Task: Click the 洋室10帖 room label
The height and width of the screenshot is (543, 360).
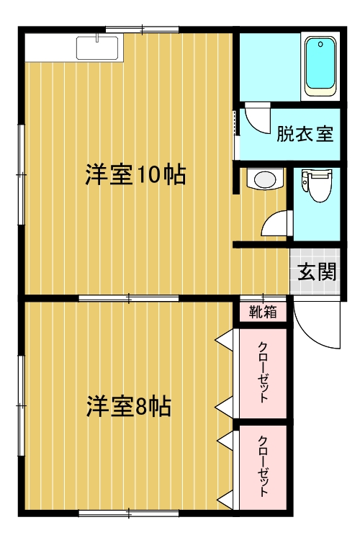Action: pyautogui.click(x=135, y=174)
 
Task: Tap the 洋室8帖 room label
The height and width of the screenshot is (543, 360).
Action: pyautogui.click(x=128, y=407)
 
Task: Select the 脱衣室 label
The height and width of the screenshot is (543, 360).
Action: pyautogui.click(x=305, y=134)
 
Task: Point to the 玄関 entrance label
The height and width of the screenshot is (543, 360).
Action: pyautogui.click(x=317, y=271)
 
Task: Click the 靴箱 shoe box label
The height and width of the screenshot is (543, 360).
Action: pyautogui.click(x=263, y=312)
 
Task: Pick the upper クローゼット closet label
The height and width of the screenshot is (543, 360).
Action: pyautogui.click(x=264, y=372)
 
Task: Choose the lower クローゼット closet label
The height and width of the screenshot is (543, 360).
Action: pyautogui.click(x=264, y=466)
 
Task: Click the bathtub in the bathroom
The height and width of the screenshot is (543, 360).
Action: pyautogui.click(x=320, y=66)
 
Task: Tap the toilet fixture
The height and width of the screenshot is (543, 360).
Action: pyautogui.click(x=316, y=185)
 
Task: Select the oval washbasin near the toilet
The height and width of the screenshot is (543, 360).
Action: pyautogui.click(x=265, y=179)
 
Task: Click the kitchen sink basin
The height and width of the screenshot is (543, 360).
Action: pyautogui.click(x=97, y=48)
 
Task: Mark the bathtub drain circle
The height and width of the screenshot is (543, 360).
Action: pyautogui.click(x=320, y=45)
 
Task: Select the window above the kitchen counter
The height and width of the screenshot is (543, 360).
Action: pyautogui.click(x=143, y=30)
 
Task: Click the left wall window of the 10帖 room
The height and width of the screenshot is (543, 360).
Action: pyautogui.click(x=22, y=174)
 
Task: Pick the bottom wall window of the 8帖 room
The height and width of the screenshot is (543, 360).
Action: pyautogui.click(x=129, y=513)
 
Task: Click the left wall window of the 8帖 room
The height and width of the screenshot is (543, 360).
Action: pyautogui.click(x=22, y=405)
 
